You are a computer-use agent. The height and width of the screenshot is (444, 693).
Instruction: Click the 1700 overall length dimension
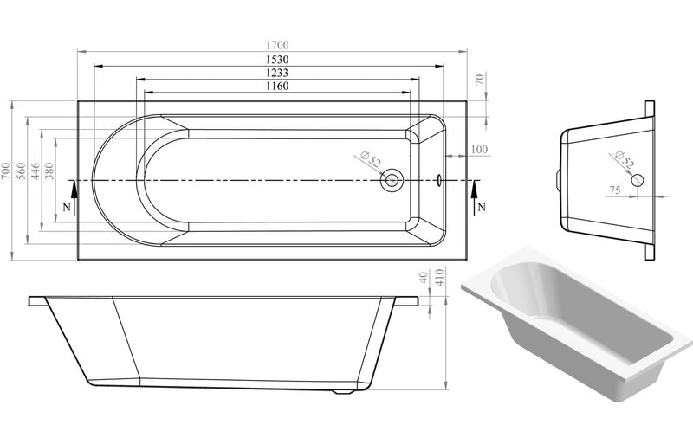click(277, 45)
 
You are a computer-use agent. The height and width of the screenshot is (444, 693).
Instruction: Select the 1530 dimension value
click(277, 59)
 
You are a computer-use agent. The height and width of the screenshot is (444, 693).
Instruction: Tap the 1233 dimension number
click(277, 73)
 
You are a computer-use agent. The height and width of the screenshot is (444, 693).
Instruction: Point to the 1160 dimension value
click(277, 87)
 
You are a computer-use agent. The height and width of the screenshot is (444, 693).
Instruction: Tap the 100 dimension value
click(478, 150)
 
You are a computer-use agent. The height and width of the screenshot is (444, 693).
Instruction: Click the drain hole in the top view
click(392, 181)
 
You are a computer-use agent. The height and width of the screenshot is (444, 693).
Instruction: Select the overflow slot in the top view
click(439, 181)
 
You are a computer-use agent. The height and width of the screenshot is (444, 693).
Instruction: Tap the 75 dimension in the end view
click(614, 190)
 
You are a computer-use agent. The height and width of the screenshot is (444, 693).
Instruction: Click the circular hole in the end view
click(638, 180)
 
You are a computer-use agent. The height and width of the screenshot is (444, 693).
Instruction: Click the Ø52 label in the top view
click(368, 160)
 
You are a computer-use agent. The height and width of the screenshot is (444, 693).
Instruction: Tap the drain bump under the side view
click(345, 391)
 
